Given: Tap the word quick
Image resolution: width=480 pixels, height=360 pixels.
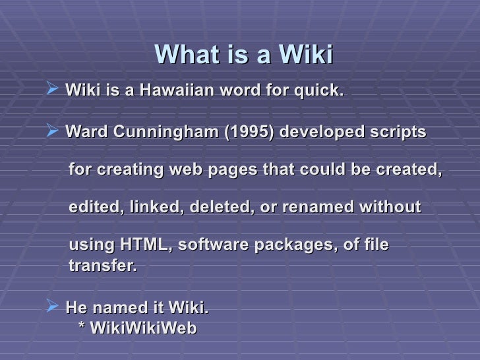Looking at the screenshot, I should [321, 90].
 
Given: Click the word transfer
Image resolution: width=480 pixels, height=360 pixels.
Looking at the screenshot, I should [102, 266].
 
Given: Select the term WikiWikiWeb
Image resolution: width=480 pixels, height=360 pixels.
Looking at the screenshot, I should [142, 328].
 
